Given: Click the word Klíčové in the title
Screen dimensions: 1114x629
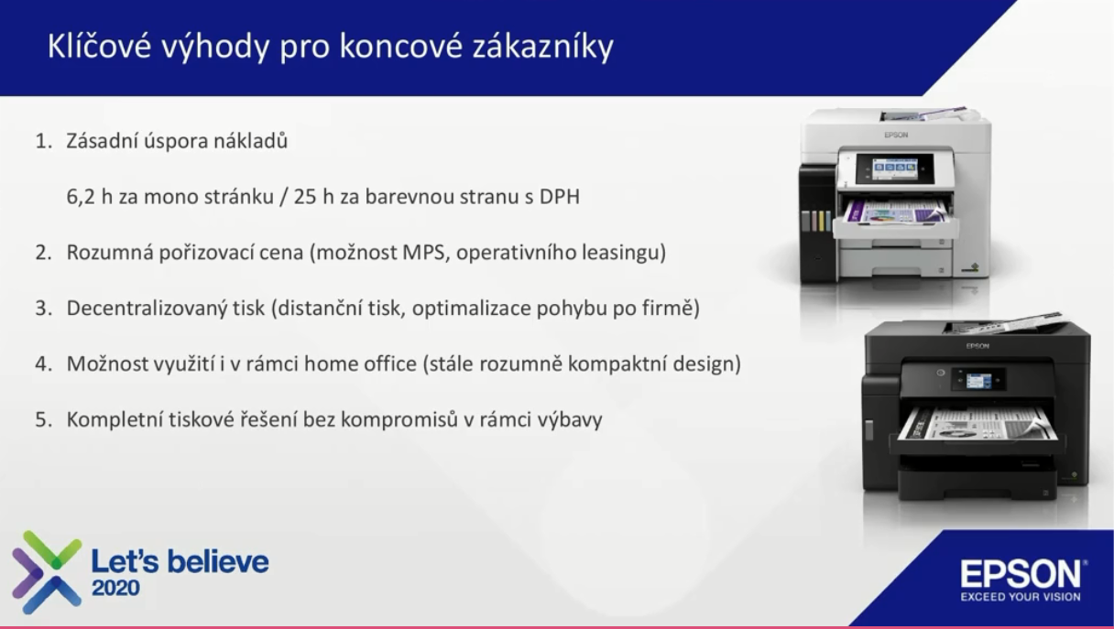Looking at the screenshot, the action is point(99,46).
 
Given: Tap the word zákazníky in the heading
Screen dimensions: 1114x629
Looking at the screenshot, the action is point(543,48).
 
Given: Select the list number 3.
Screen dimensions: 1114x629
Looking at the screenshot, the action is point(43,308).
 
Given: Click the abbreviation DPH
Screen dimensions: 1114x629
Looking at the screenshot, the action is point(560,197).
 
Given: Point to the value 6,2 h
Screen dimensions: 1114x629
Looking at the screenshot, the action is point(90,197).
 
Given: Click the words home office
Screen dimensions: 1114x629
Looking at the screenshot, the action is point(360,363).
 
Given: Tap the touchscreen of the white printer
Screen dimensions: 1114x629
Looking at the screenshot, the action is point(895,168).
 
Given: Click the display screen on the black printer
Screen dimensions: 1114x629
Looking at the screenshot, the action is point(978,381).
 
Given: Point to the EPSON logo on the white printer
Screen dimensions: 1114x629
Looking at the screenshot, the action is point(896,135).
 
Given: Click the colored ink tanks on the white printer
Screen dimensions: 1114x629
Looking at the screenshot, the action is point(816,221).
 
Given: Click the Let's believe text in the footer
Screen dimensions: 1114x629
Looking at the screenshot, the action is point(180,562).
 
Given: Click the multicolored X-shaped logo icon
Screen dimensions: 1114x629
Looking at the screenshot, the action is point(47,572).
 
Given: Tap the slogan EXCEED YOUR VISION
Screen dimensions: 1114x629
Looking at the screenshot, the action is point(1021,597).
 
